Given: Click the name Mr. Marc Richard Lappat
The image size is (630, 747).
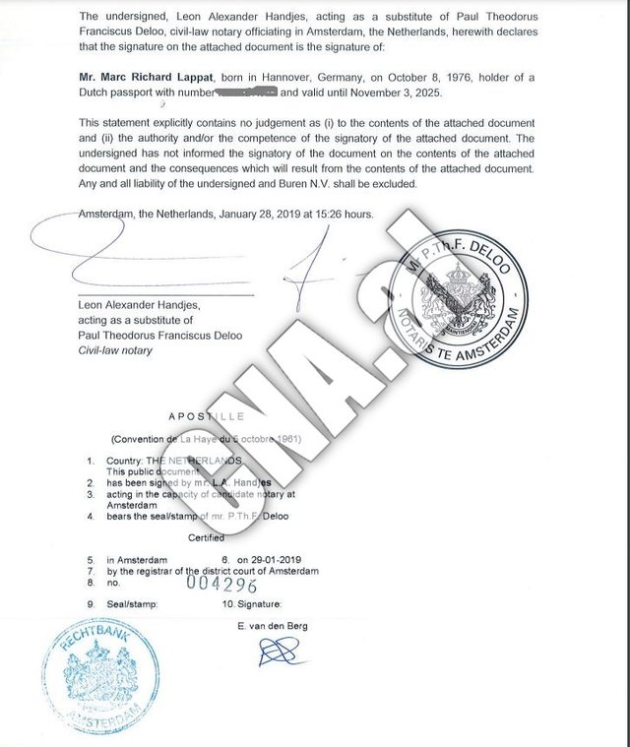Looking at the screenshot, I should [x=149, y=74].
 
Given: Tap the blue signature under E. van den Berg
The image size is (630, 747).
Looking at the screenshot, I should [x=279, y=650].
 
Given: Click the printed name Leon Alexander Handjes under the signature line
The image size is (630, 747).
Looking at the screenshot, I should [x=144, y=306].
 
